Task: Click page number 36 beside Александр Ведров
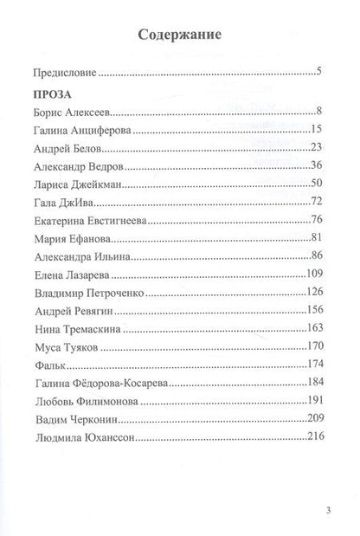click(x=316, y=165)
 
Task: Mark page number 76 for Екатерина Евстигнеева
click(x=316, y=220)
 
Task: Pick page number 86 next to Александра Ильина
click(x=316, y=256)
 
